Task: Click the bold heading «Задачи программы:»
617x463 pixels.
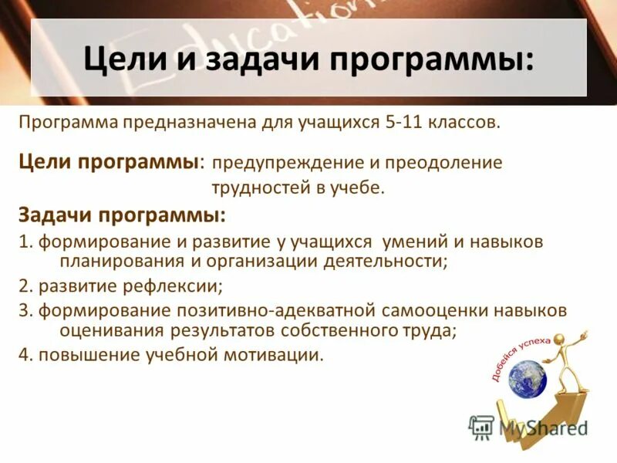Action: [x=122, y=215]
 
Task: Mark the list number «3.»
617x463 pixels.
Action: [x=25, y=310]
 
